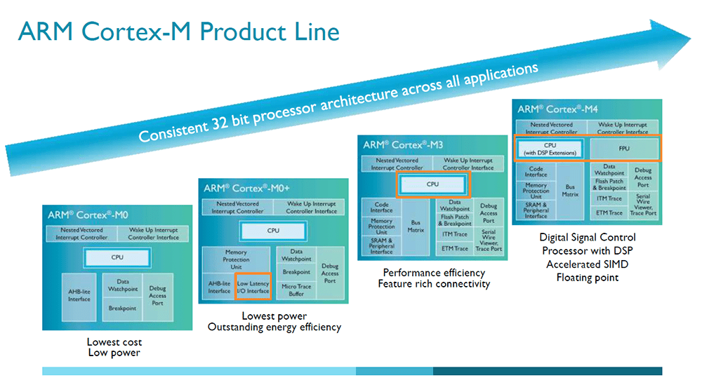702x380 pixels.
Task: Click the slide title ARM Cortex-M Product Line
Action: [x=178, y=32]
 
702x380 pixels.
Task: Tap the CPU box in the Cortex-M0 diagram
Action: [x=117, y=257]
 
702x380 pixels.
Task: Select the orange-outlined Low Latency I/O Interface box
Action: [x=253, y=287]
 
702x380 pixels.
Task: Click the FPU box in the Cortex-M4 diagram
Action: [x=623, y=149]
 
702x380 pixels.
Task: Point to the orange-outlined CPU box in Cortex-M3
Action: [x=432, y=184]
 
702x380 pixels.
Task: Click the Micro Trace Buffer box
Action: [x=296, y=290]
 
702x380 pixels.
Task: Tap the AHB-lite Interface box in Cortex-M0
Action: [x=79, y=295]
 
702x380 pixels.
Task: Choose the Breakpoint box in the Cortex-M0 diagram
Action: [x=122, y=308]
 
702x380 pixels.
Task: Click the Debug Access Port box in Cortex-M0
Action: [x=157, y=295]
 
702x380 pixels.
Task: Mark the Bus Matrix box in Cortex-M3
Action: [x=416, y=226]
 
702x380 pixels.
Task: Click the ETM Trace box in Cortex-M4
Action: [x=609, y=212]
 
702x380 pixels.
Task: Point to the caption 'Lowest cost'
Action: [x=114, y=342]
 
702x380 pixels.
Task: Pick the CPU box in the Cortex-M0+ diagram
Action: [x=272, y=230]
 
